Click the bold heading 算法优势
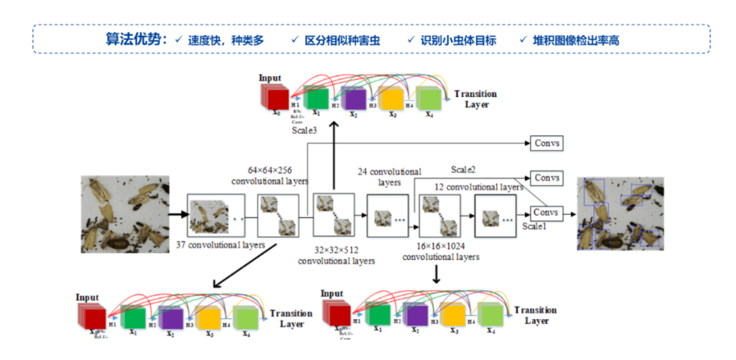pos(135,39)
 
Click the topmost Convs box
pos(546,144)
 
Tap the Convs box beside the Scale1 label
pos(546,212)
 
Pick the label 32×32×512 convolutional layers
pos(336,257)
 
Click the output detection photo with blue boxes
pos(620,213)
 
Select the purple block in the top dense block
pos(354,98)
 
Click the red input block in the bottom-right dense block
pos(337,314)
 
